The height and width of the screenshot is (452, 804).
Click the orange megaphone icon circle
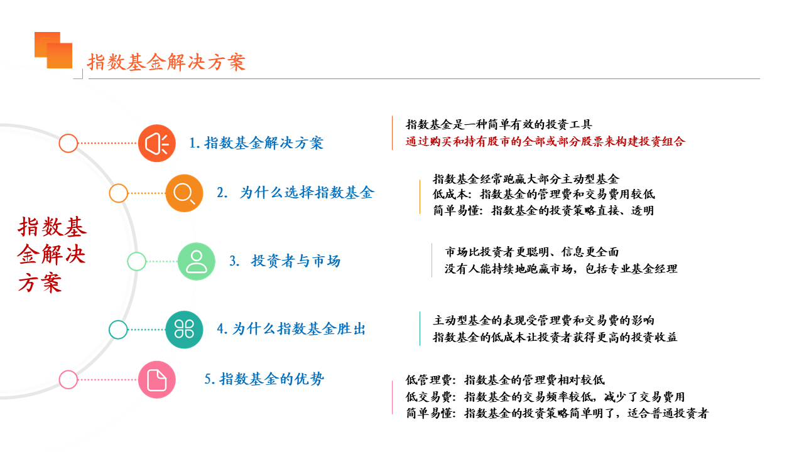click(157, 143)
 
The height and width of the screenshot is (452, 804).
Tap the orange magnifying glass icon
click(184, 193)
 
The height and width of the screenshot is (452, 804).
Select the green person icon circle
click(197, 261)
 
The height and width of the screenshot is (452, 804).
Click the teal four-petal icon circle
click(184, 330)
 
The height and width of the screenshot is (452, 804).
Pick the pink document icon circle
click(157, 380)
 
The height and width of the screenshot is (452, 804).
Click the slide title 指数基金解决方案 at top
click(166, 62)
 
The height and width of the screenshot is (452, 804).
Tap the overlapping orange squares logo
click(53, 50)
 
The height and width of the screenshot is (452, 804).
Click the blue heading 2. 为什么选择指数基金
click(295, 193)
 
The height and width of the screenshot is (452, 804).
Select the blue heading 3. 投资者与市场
click(285, 261)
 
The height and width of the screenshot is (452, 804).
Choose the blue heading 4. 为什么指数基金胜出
click(291, 328)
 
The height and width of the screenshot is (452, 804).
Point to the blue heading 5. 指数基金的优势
click(264, 379)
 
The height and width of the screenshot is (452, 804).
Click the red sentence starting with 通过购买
click(545, 141)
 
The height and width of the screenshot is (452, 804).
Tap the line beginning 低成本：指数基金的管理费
click(544, 194)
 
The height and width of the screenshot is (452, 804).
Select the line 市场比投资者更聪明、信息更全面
click(532, 252)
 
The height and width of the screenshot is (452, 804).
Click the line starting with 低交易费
click(545, 396)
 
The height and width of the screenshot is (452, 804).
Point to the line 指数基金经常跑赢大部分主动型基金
click(526, 179)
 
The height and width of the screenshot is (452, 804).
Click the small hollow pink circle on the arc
click(68, 380)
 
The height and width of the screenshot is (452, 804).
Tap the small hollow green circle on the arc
click(136, 261)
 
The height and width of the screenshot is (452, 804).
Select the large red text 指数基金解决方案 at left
click(52, 255)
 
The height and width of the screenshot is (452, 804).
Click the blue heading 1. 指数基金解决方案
click(256, 143)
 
